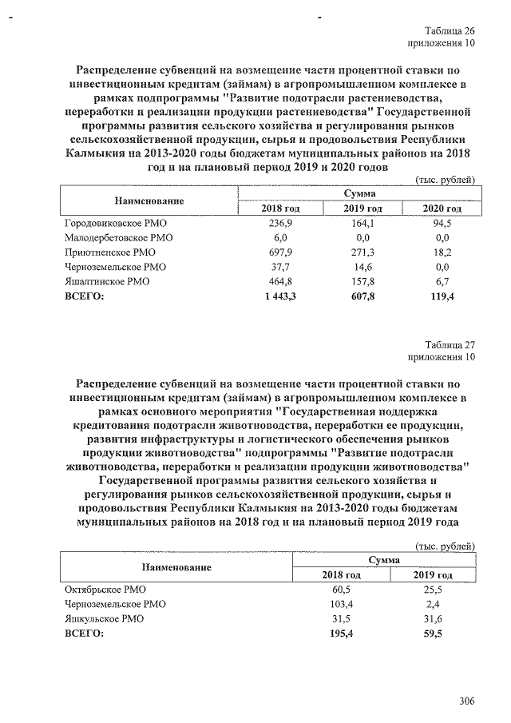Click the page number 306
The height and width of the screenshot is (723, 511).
click(x=467, y=701)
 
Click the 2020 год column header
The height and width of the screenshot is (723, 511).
click(x=442, y=209)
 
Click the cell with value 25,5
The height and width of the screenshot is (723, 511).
click(x=433, y=590)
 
